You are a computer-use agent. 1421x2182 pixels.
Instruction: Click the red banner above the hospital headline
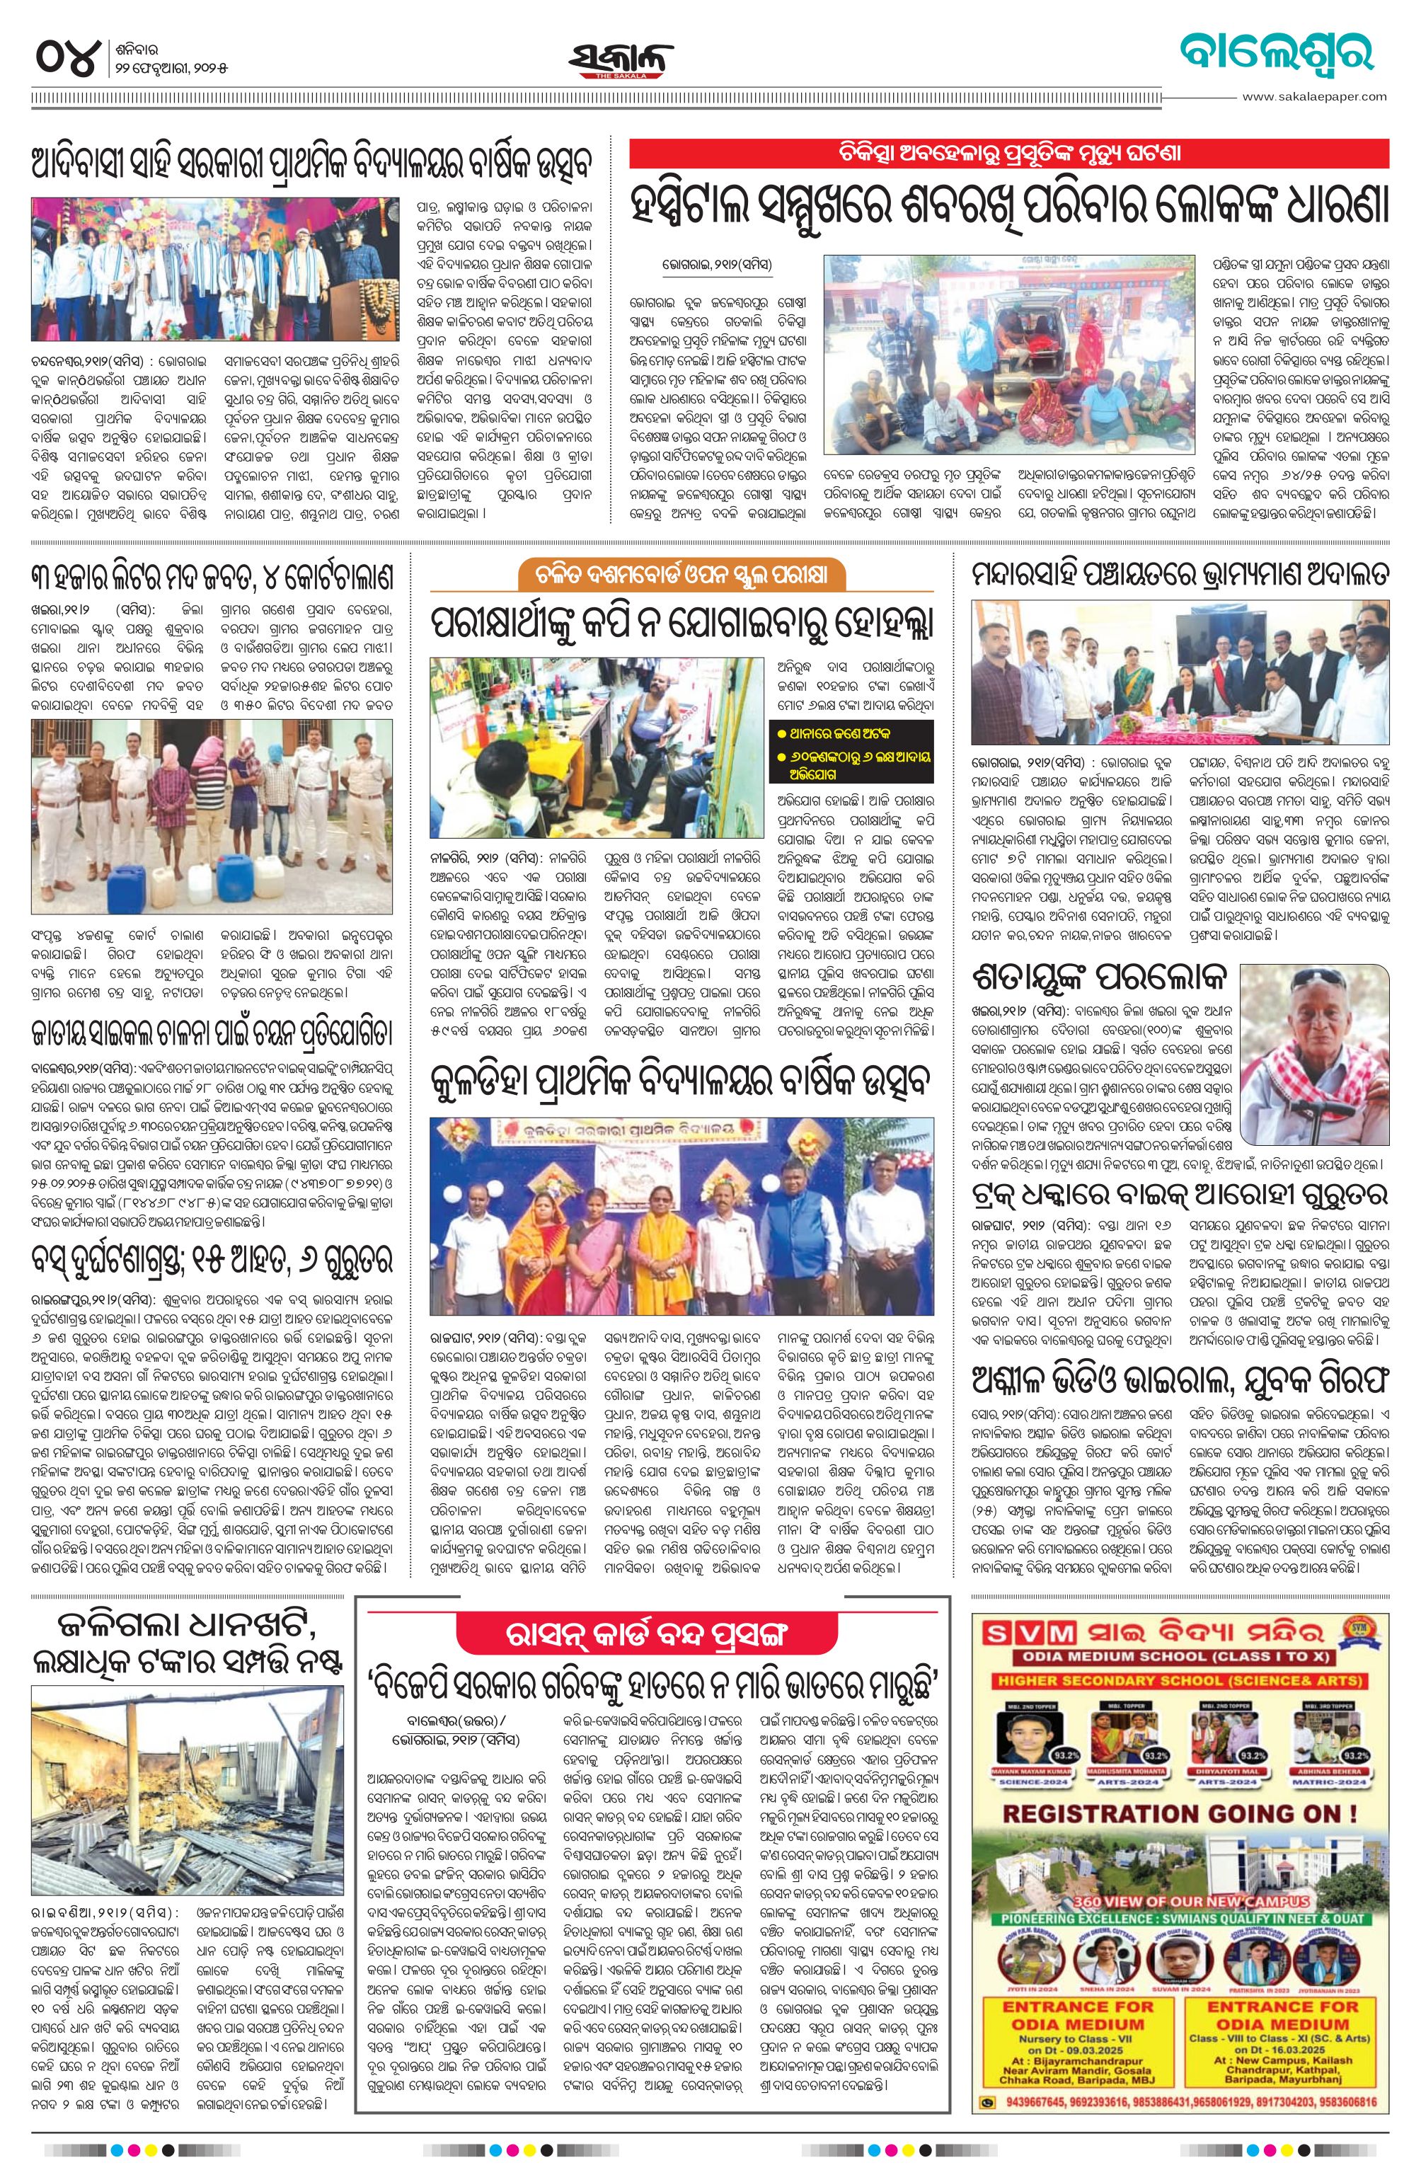[1008, 153]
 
